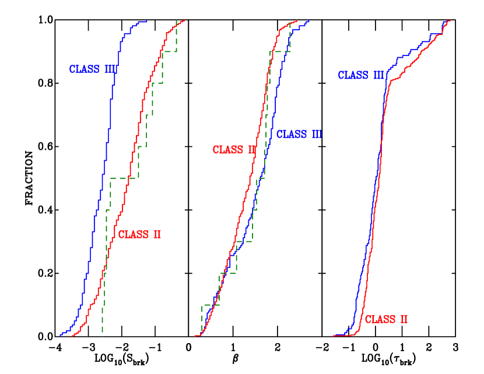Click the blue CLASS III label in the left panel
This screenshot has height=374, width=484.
(x=94, y=69)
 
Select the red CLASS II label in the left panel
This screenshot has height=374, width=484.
(x=139, y=235)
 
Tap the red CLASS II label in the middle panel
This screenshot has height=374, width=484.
(x=234, y=150)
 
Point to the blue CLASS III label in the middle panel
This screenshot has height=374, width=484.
(x=299, y=135)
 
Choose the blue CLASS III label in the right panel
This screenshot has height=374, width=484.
(x=362, y=75)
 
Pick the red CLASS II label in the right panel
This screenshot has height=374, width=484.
(x=386, y=319)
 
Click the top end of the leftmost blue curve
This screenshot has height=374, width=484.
(x=146, y=21)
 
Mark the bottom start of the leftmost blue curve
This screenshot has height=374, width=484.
(x=60, y=335)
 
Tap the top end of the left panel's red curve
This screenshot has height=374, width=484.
(x=184, y=20)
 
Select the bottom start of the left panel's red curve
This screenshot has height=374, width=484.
(x=73, y=336)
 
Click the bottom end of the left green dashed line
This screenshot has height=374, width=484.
(x=103, y=336)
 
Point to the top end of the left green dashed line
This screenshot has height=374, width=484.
(x=177, y=21)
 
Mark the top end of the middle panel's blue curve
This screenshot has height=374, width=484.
(x=308, y=22)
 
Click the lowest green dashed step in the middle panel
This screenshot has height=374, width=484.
(x=211, y=305)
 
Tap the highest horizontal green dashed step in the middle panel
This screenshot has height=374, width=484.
(x=280, y=51)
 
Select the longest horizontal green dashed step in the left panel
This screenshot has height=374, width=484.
(x=123, y=178)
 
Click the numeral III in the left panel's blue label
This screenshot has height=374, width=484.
(x=111, y=69)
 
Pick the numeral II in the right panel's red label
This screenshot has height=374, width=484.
(x=403, y=319)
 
